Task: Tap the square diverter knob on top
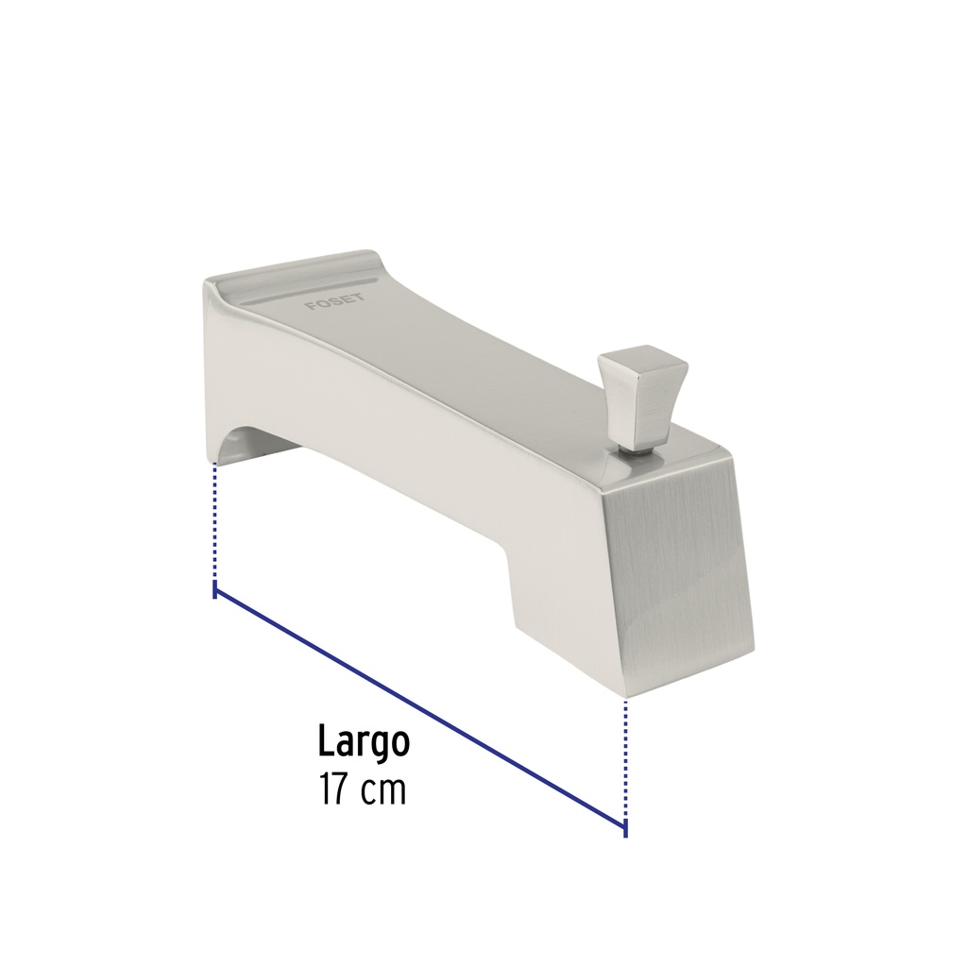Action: point(641,394)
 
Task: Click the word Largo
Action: point(364,740)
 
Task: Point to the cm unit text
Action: point(384,791)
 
